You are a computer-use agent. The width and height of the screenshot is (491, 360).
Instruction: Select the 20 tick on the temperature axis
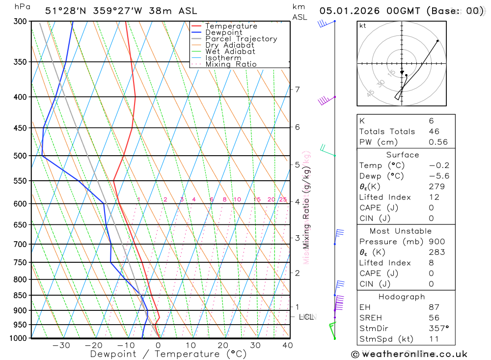[223, 345]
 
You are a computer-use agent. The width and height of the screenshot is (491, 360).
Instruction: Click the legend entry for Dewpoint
[223, 32]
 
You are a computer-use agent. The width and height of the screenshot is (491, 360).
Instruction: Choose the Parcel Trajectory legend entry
[241, 39]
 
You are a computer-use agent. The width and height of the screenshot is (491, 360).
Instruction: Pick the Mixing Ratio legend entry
[231, 64]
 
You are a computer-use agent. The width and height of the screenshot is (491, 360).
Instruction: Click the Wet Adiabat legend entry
[230, 52]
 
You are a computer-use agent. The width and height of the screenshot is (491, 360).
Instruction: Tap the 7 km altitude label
[297, 89]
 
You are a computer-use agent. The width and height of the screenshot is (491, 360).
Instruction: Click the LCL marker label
[307, 317]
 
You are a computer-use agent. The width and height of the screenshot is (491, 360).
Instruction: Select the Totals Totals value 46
[434, 132]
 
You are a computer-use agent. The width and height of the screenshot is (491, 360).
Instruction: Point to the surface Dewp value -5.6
[439, 176]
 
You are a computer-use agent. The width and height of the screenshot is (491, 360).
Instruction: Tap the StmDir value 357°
[438, 329]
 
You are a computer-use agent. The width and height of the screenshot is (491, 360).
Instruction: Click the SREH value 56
[434, 318]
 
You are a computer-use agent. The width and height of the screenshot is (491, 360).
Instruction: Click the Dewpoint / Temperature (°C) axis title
[168, 354]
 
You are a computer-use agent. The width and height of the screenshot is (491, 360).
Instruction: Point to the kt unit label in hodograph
[363, 26]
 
